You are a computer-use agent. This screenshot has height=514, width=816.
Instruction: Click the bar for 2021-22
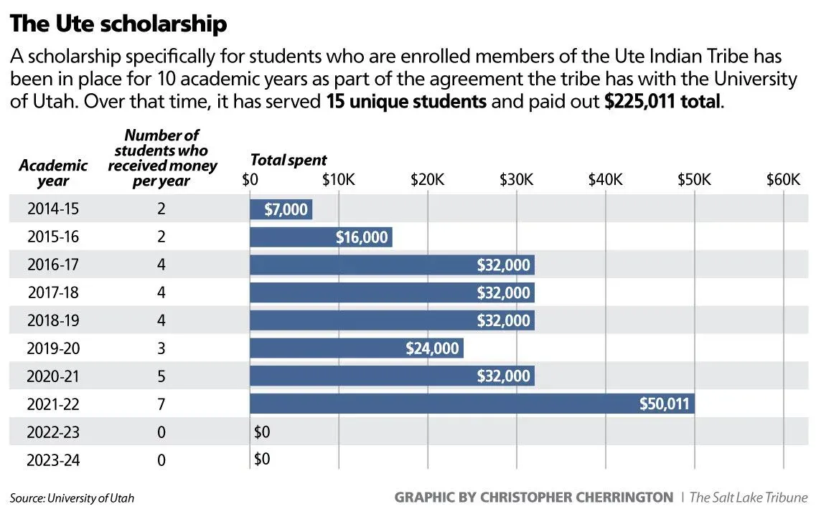click(x=472, y=404)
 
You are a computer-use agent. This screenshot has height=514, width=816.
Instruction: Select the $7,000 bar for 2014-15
click(x=281, y=209)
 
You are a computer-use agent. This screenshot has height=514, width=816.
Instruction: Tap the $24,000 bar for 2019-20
click(x=356, y=348)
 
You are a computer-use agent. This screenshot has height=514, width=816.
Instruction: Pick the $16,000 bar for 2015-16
click(x=321, y=237)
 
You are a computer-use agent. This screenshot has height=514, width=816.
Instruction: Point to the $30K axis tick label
click(x=516, y=179)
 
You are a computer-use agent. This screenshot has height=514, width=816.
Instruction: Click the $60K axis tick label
click(x=783, y=179)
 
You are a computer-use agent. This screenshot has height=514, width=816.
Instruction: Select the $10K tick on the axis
click(x=338, y=179)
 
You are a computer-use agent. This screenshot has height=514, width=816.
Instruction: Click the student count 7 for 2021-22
click(x=161, y=404)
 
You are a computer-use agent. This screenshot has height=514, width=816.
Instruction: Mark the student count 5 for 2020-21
click(x=161, y=376)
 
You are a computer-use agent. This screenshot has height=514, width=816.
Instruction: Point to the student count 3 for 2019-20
click(x=161, y=348)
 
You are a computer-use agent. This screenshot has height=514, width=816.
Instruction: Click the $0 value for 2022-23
click(x=262, y=432)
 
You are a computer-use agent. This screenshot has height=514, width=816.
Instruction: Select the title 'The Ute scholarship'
click(x=118, y=24)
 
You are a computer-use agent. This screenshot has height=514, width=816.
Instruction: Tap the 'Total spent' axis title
click(x=289, y=160)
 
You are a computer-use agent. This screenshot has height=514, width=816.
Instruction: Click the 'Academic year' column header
click(x=54, y=173)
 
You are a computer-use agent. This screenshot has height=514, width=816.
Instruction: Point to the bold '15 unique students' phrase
click(x=406, y=101)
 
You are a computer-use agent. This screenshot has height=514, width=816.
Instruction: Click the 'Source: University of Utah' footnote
click(x=72, y=498)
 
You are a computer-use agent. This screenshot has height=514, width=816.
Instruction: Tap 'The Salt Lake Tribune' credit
click(x=749, y=497)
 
